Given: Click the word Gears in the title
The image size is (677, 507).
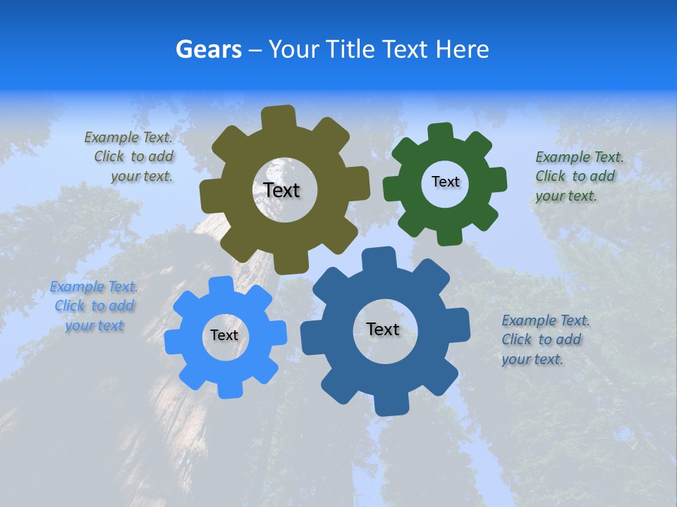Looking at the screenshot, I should (x=209, y=49).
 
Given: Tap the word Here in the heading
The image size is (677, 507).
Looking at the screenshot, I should (x=462, y=49).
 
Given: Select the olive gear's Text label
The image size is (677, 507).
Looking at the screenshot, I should (x=281, y=190).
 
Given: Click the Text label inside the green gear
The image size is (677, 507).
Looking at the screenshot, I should (x=445, y=182).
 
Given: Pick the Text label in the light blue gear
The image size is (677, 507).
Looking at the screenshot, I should (x=224, y=335).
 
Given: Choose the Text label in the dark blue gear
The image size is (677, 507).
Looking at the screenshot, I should (x=382, y=329).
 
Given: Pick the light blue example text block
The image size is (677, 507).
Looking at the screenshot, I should (x=94, y=306).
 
